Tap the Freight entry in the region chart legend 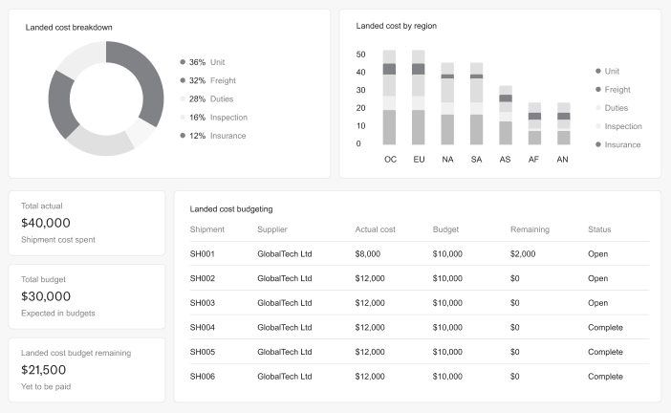tap(617, 90)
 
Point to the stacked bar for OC tap(389, 98)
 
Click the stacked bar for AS tap(505, 115)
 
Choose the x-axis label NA tap(447, 159)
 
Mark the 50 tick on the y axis tap(360, 54)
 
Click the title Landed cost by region tap(396, 26)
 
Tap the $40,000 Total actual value tap(46, 223)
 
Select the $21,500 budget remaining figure tap(44, 370)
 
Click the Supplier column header tap(272, 229)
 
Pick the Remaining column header tap(530, 229)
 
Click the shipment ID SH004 tap(203, 327)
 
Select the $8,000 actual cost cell tap(368, 254)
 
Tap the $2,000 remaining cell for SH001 tap(523, 254)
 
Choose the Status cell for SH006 tap(605, 377)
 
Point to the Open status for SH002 tap(597, 278)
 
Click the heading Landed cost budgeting tap(231, 207)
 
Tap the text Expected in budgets tap(57, 314)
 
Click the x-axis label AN tap(562, 159)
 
